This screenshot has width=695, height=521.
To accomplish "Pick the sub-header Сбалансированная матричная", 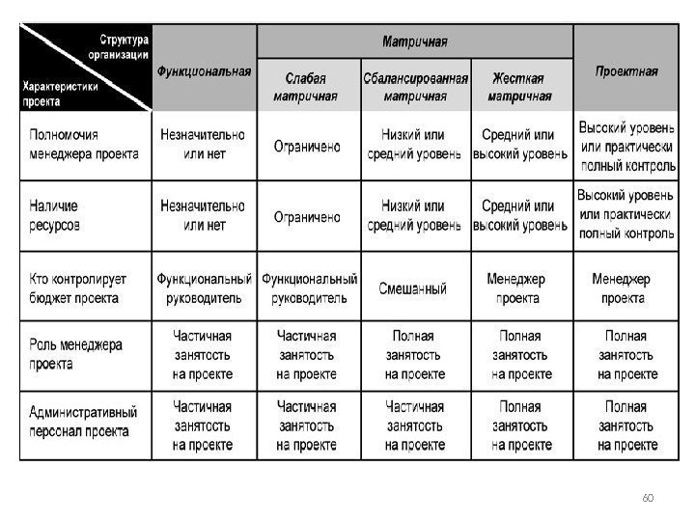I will pos(415,86).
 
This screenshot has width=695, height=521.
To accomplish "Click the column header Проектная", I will pos(625,70).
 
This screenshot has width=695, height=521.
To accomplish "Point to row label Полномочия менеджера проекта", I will pos(84,145).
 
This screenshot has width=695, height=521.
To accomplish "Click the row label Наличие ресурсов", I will pos(55,215).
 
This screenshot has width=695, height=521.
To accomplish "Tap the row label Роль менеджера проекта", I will pos(75,355).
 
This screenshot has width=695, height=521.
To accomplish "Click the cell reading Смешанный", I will pos(413,288).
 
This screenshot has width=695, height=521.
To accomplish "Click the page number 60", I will pos(647,497).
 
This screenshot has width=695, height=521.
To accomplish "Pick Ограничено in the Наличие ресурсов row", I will pos(307,217).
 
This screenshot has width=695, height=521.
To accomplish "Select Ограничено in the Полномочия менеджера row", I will pos(307,147).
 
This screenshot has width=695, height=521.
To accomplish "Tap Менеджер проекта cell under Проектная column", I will pos(624,288).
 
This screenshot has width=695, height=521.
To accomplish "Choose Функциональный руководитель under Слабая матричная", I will pos(309,288).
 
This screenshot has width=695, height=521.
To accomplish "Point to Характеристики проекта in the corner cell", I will pos(59,93).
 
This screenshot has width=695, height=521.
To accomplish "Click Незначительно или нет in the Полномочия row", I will pos(203,145).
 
